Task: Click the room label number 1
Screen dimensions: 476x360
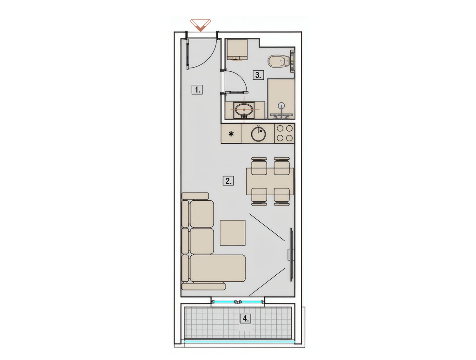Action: pyautogui.click(x=197, y=89)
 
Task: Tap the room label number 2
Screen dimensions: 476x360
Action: pyautogui.click(x=228, y=180)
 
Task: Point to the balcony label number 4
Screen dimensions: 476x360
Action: pyautogui.click(x=246, y=318)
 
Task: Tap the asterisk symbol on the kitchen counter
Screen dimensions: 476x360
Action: pyautogui.click(x=231, y=134)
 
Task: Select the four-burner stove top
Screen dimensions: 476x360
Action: pyautogui.click(x=284, y=133)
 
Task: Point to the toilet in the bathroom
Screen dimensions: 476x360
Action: pyautogui.click(x=279, y=61)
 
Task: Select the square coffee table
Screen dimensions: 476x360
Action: pyautogui.click(x=233, y=233)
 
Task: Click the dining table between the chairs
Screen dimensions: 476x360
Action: pyautogui.click(x=270, y=181)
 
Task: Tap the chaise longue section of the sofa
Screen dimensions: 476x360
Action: pyautogui.click(x=218, y=268)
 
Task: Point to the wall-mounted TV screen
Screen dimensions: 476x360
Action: pyautogui.click(x=291, y=255)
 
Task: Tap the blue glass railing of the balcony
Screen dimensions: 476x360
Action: pyautogui.click(x=239, y=342)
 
